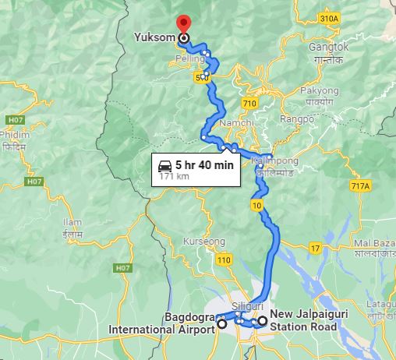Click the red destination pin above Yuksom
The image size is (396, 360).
pos(183,23)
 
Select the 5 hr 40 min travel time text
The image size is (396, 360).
pos(204,165)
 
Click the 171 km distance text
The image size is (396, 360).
pos(175,177)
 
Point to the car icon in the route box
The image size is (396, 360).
pos(166,165)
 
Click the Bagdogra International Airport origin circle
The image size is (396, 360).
pos(222,323)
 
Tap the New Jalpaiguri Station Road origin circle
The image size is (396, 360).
pos(263,320)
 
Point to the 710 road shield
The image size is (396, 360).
pos(249,103)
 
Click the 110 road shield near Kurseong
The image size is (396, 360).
pos(225,259)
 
